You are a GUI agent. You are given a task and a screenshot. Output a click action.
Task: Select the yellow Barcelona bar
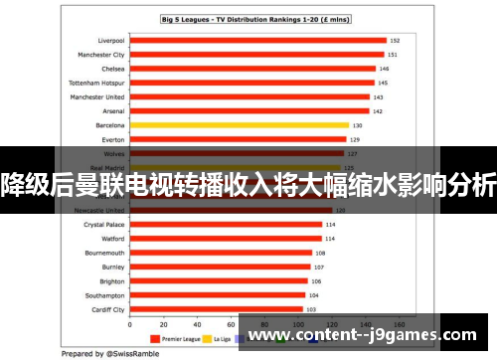click(x=239, y=125)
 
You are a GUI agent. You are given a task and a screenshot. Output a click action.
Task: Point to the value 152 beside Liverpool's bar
click(x=394, y=41)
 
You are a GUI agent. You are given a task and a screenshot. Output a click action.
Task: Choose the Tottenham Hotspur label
click(x=96, y=83)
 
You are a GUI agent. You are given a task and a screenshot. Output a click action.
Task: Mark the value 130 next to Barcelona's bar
click(x=357, y=125)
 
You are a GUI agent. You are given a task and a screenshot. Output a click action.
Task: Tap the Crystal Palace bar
click(x=225, y=225)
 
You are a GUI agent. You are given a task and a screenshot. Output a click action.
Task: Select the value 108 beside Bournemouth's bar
click(x=320, y=253)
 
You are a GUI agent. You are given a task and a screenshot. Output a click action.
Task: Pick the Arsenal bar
click(x=248, y=111)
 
